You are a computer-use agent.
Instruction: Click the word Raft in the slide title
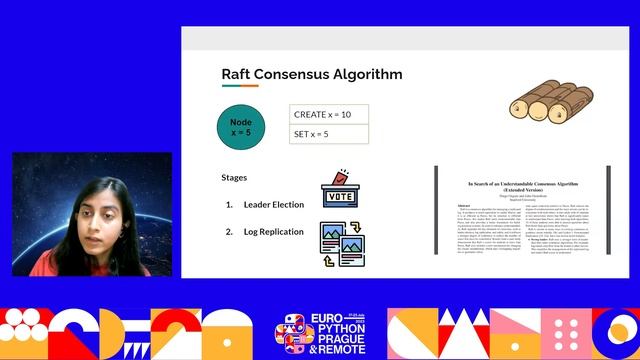click(x=238, y=74)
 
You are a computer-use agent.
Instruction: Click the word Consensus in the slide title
click(x=298, y=74)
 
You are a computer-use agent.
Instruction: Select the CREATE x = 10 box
click(x=329, y=114)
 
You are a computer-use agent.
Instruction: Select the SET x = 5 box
click(x=329, y=134)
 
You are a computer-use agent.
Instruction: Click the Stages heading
click(x=234, y=178)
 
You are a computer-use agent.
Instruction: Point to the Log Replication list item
click(x=274, y=232)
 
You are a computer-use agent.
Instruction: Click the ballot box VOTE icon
click(x=340, y=191)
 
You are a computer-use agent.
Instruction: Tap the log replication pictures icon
click(x=340, y=244)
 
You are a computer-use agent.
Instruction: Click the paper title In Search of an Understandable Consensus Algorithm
click(x=520, y=187)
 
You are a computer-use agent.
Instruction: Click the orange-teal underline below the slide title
click(x=240, y=86)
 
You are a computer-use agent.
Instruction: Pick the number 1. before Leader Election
click(x=230, y=205)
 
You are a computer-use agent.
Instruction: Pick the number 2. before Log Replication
click(x=230, y=232)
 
